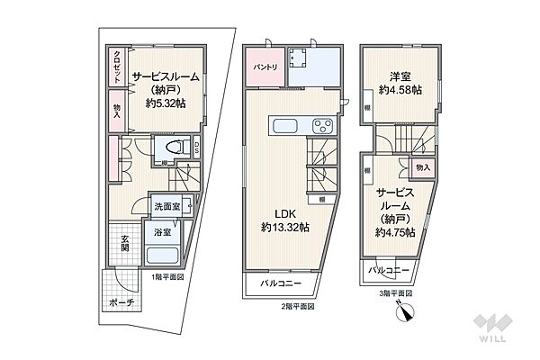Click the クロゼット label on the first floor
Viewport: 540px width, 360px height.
tap(117, 65)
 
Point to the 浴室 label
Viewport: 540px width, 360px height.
tap(162, 232)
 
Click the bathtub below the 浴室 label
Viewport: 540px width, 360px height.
tap(164, 253)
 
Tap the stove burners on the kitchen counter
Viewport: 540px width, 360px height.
tap(320, 124)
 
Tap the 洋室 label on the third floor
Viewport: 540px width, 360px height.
tap(400, 76)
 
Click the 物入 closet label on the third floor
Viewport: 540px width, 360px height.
tap(423, 167)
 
